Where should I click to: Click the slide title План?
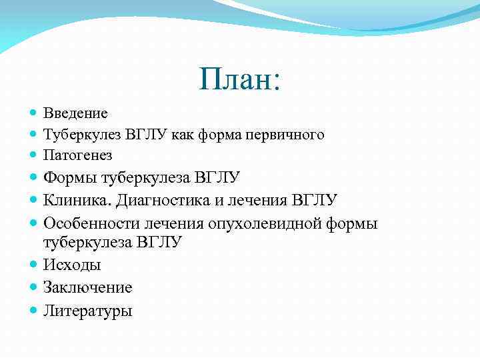(240, 79)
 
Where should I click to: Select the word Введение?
(75, 113)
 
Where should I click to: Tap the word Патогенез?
(77, 155)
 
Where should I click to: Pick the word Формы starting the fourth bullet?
(70, 177)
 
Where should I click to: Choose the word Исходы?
(72, 265)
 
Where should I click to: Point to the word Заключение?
(87, 287)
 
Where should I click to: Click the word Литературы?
(87, 310)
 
